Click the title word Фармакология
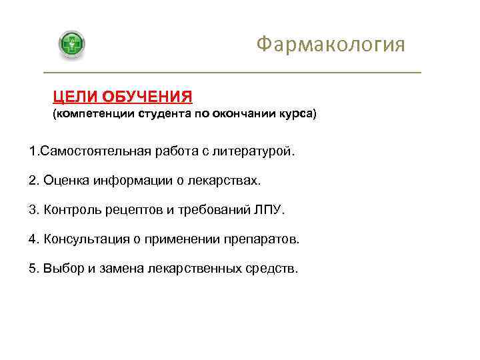click(331, 45)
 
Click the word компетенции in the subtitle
click(93, 114)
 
